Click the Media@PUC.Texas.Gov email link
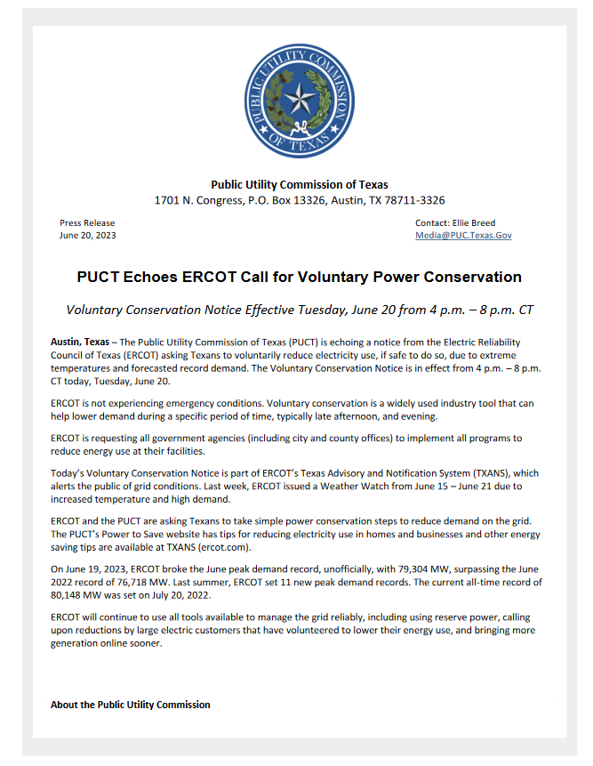coord(462,236)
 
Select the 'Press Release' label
coord(87,223)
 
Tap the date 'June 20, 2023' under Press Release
coord(88,236)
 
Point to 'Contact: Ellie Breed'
coord(455,223)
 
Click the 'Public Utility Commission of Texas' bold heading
coord(299,185)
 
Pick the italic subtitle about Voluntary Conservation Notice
coord(299,310)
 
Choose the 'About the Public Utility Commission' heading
coord(131,705)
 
